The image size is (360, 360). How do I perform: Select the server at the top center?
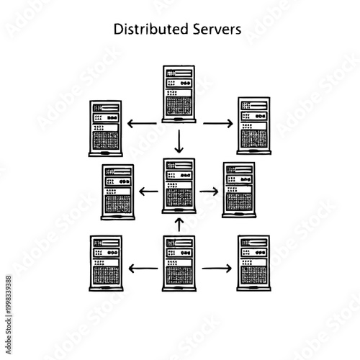tap(179, 93)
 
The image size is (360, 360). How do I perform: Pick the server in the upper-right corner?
tap(254, 127)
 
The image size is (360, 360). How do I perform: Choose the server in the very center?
tap(179, 186)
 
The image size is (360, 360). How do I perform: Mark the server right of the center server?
tap(238, 190)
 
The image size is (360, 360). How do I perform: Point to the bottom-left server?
tap(106, 263)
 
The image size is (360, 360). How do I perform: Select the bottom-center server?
tap(179, 263)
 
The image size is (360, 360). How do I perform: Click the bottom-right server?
tap(253, 262)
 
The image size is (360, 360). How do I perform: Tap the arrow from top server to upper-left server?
tap(142, 124)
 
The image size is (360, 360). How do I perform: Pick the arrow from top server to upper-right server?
tap(217, 124)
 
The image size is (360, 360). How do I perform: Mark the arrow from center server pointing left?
tap(149, 192)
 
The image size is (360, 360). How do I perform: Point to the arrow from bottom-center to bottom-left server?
tap(142, 268)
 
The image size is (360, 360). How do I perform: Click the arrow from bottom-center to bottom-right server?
tap(217, 268)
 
